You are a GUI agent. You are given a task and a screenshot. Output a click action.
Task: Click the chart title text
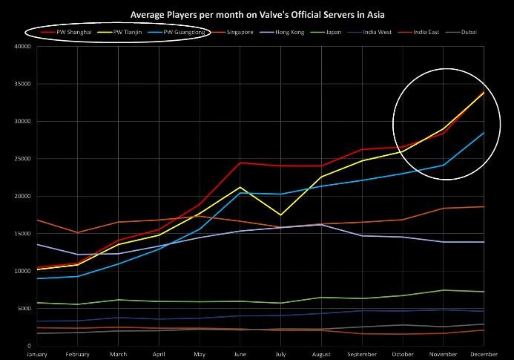[x=257, y=14]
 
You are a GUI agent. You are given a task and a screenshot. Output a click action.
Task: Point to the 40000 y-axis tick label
[x=21, y=46]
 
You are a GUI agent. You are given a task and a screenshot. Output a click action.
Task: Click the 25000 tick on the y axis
[x=21, y=159]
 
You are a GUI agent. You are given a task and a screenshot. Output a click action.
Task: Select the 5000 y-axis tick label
[x=22, y=308]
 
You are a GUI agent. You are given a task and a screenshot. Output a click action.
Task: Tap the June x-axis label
[x=240, y=353]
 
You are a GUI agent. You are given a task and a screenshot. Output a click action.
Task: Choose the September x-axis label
[x=362, y=353]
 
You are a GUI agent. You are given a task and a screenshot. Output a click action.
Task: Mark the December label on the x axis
[x=484, y=353]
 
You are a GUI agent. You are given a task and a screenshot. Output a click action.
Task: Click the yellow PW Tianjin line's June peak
[x=240, y=187]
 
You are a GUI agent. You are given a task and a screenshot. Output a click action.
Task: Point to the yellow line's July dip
[x=280, y=215]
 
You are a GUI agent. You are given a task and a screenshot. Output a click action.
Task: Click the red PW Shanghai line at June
[x=240, y=163]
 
